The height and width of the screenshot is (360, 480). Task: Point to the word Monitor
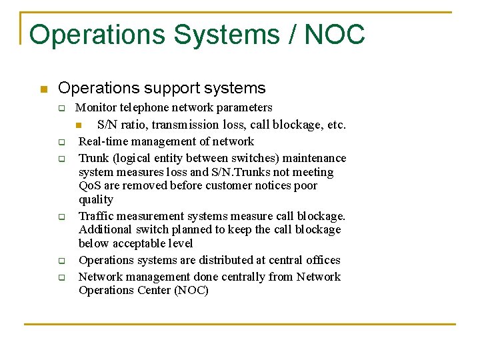click(95, 107)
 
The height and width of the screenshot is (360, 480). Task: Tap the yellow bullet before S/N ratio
click(78, 125)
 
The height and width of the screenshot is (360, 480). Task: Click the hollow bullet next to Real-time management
click(60, 142)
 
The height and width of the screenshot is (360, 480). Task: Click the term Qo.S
click(89, 185)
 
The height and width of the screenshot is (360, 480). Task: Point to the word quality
click(96, 199)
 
